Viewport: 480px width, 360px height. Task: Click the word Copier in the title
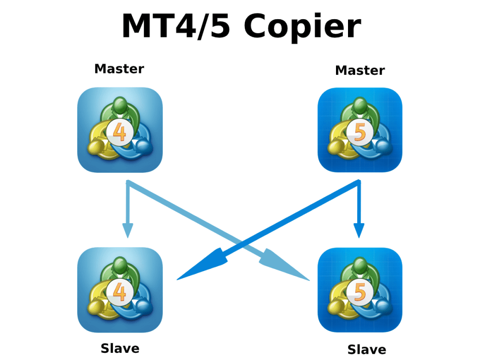pos(302,27)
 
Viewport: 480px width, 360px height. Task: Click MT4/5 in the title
pos(176,26)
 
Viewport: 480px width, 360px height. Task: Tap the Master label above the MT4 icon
pos(119,69)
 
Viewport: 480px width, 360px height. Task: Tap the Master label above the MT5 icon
pos(360,71)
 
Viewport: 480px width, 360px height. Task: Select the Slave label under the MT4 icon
pos(120,348)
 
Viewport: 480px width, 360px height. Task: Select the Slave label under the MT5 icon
pos(367,349)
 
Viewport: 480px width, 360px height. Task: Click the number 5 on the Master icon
pos(360,132)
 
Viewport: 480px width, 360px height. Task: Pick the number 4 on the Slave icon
pos(120,292)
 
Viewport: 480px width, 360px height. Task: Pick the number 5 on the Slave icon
pos(360,292)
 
